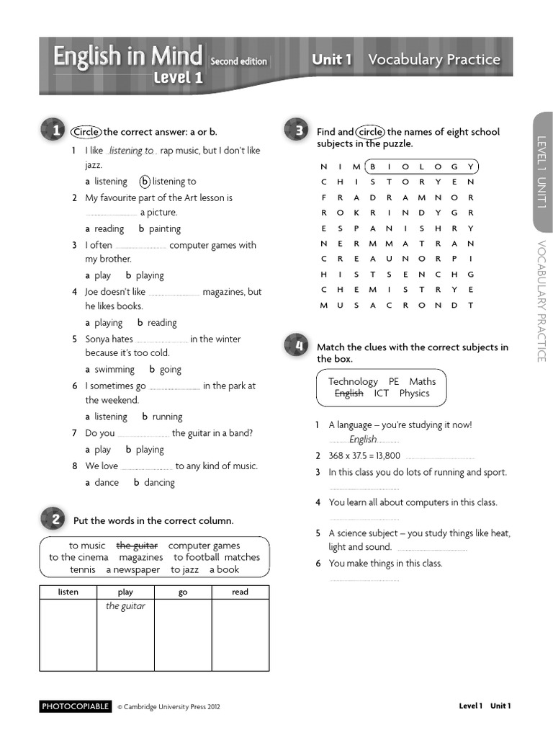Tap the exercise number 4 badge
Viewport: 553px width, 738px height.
click(297, 346)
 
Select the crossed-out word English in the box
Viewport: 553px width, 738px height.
click(349, 394)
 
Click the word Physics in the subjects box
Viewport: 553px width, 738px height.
click(414, 394)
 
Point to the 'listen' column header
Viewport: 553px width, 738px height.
click(68, 592)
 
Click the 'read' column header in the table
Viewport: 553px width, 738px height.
click(240, 592)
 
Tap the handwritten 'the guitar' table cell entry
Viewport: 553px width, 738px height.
click(125, 607)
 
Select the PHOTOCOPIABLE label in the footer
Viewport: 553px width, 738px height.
click(76, 706)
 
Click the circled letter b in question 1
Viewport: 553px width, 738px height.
click(145, 182)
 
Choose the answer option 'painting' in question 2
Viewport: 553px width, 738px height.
click(164, 229)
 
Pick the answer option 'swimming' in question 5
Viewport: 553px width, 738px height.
click(114, 370)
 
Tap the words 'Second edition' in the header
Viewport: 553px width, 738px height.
click(239, 62)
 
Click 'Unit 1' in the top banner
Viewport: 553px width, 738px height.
click(331, 60)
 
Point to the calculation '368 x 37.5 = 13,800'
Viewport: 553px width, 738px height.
click(364, 456)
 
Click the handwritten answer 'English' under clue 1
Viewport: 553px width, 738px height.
click(363, 440)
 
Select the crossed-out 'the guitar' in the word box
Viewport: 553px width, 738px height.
click(137, 546)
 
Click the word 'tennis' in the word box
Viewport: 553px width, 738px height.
click(83, 570)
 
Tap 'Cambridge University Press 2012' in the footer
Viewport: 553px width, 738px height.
click(168, 707)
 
